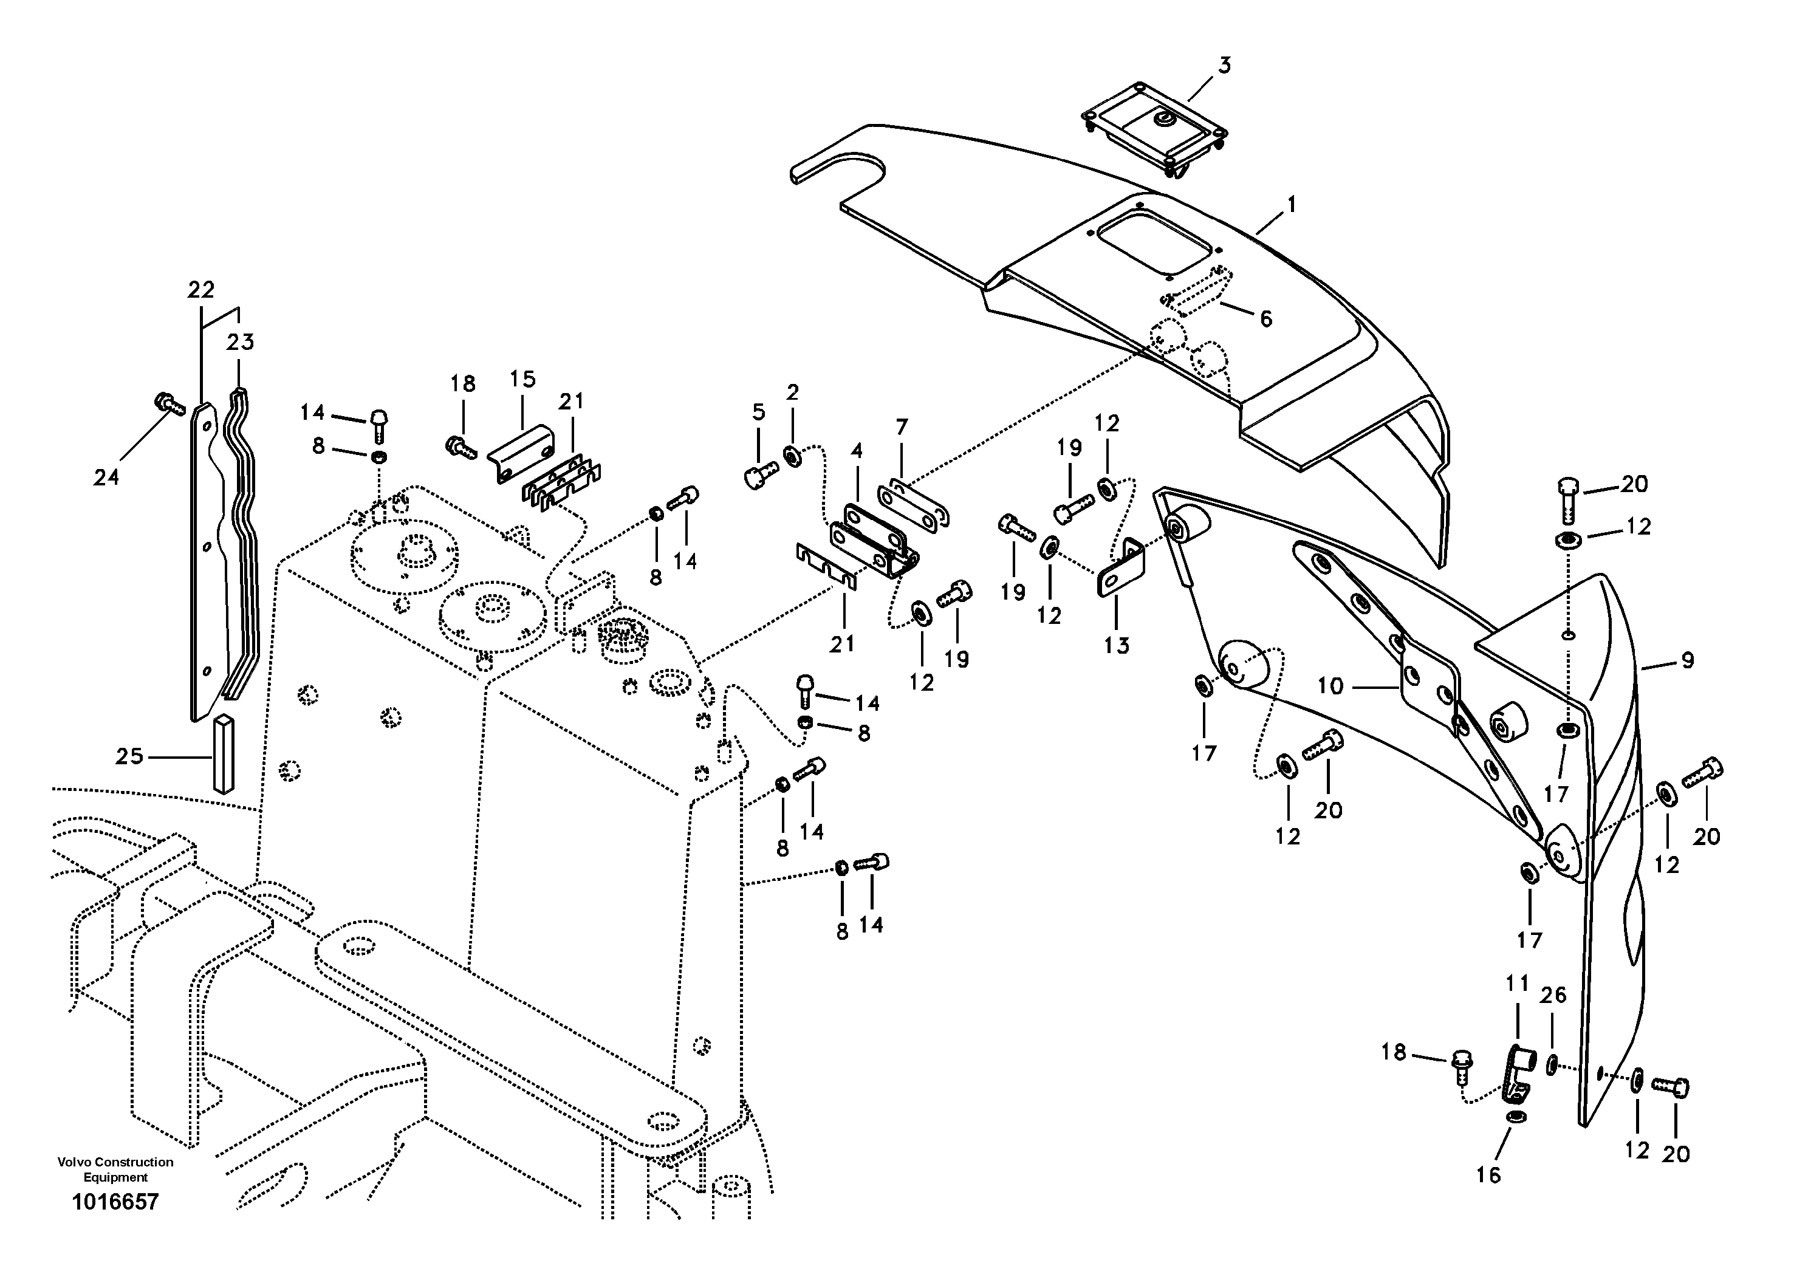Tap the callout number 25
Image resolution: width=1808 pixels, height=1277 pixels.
click(x=129, y=756)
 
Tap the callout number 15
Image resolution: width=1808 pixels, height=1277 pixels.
click(x=522, y=380)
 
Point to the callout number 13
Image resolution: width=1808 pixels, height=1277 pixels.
click(x=1116, y=646)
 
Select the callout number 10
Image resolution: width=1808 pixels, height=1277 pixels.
click(x=1330, y=686)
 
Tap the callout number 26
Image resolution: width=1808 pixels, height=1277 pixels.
click(x=1553, y=995)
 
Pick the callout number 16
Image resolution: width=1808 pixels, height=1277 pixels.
click(x=1488, y=1175)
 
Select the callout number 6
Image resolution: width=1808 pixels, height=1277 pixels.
click(x=1265, y=319)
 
